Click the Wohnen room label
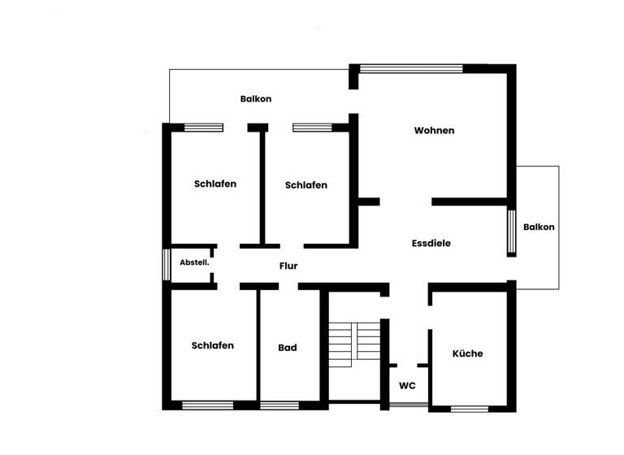click(x=434, y=131)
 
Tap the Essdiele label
click(x=431, y=243)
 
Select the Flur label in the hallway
click(x=288, y=265)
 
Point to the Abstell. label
click(x=194, y=262)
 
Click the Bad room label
click(x=288, y=348)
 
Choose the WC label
click(x=407, y=385)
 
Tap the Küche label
click(x=467, y=353)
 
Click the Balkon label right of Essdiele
click(x=539, y=227)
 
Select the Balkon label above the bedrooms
click(x=256, y=99)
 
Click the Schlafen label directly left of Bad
click(x=213, y=345)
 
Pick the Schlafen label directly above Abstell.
click(x=215, y=184)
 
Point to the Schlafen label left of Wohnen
click(x=306, y=185)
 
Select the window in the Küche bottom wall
click(x=469, y=408)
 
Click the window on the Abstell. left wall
click(x=166, y=264)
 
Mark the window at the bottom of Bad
click(x=279, y=405)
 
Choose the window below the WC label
click(x=407, y=404)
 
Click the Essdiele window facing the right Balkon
click(x=512, y=233)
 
